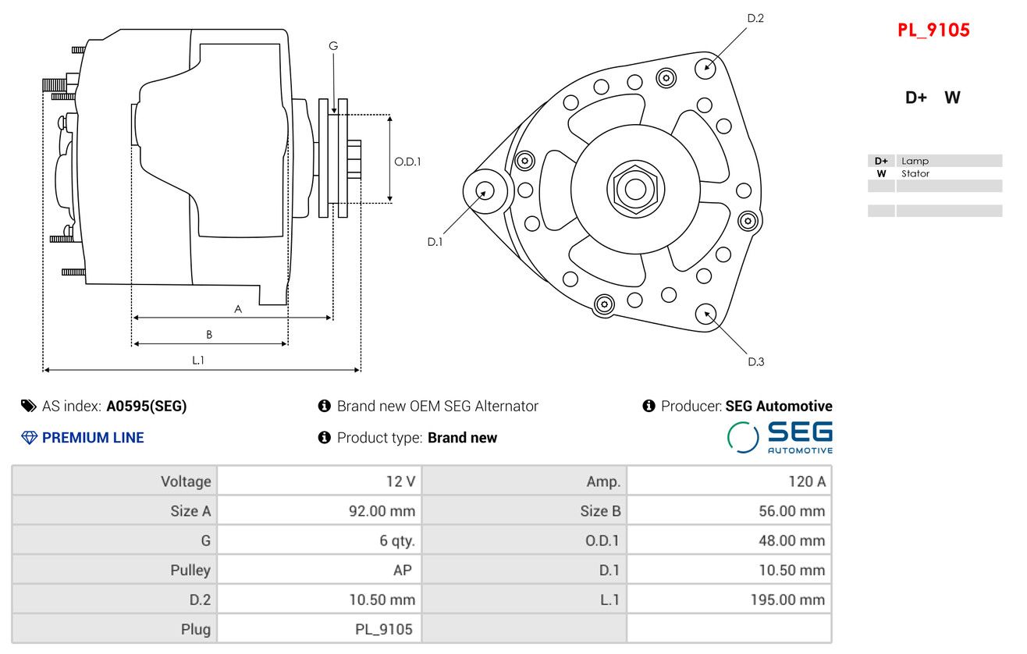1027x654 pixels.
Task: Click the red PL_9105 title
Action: tap(933, 30)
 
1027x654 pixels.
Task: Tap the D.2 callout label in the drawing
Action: tap(755, 18)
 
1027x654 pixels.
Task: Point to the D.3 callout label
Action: tap(755, 361)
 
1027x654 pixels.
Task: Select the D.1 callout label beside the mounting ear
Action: tap(435, 242)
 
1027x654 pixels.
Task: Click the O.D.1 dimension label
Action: tap(407, 162)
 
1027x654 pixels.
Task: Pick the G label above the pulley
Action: tap(333, 46)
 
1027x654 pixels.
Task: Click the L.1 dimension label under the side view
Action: tap(198, 360)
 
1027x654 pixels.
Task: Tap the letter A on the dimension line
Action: tap(238, 309)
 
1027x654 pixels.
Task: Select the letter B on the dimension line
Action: tap(209, 335)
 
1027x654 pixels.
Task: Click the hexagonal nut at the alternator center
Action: tap(635, 188)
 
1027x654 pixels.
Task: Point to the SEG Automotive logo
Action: tap(780, 437)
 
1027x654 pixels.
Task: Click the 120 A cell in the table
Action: tap(806, 482)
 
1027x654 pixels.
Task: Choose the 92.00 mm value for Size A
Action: tap(382, 511)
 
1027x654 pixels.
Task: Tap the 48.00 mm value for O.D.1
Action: tap(791, 541)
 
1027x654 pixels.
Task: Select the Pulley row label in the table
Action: tap(190, 570)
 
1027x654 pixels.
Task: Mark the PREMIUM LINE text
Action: tap(93, 438)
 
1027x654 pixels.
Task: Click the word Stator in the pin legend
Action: tap(915, 174)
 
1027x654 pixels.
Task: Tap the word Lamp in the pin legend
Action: tap(915, 161)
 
